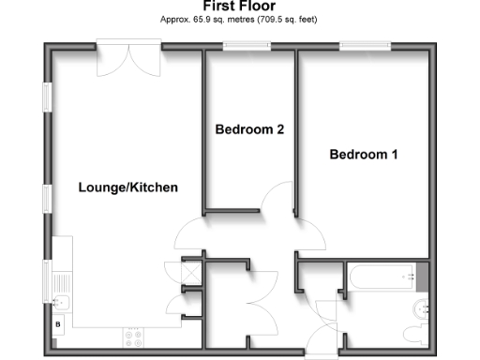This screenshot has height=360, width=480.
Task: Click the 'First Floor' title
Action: [239, 7]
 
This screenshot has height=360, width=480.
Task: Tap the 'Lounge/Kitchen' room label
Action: [127, 187]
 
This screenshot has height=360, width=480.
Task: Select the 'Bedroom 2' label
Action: [249, 129]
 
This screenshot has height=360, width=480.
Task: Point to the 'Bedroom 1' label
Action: [364, 155]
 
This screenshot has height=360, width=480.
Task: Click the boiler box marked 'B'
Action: [59, 323]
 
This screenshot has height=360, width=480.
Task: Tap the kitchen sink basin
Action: [60, 302]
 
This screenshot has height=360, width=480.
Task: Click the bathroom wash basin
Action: [420, 306]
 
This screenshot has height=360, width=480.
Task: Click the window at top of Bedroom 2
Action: [247, 44]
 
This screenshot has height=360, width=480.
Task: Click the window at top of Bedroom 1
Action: [366, 44]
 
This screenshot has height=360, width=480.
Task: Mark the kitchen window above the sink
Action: [47, 278]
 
